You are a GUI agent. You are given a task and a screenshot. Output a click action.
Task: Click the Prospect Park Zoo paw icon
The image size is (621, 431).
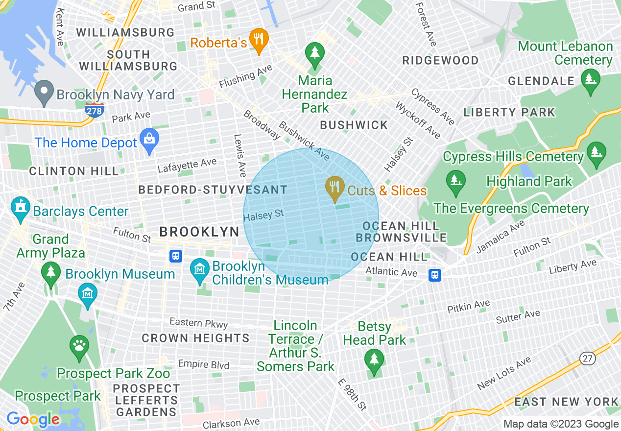(79, 346)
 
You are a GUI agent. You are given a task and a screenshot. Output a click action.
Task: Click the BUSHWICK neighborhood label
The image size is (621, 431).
(354, 125)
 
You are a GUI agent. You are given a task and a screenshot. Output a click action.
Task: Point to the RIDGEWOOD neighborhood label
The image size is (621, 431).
(440, 60)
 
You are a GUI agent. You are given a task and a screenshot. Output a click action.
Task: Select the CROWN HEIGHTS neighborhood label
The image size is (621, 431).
(195, 338)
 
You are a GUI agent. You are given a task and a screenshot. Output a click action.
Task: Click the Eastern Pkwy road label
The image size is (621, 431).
(198, 323)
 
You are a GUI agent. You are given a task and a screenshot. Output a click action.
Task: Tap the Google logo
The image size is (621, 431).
(33, 419)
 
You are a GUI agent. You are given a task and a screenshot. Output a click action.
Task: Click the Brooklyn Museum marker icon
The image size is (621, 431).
(88, 294)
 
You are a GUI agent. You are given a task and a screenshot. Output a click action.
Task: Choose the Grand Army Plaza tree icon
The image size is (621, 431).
(50, 272)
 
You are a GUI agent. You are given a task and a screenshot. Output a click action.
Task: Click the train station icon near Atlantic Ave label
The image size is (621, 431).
(434, 275)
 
